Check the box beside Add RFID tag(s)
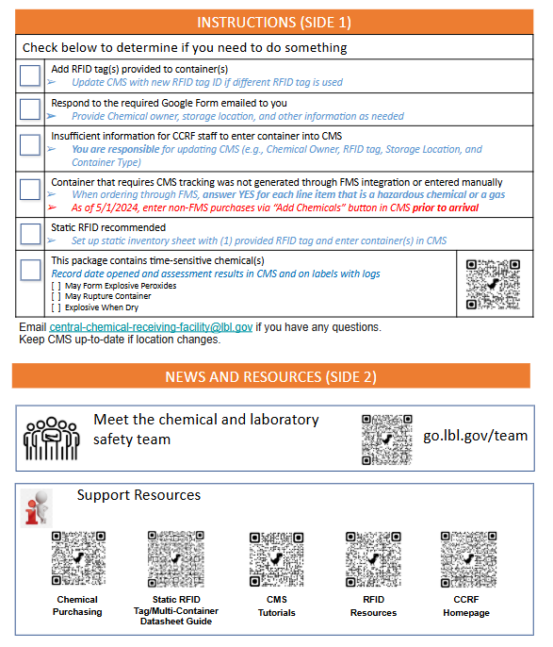click(x=30, y=75)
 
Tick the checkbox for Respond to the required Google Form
click(x=30, y=109)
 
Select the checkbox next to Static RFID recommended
click(x=30, y=234)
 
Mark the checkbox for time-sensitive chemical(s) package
click(x=30, y=270)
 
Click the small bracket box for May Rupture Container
click(x=56, y=296)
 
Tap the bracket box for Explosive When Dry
click(x=56, y=307)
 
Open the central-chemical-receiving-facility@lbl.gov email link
click(x=151, y=327)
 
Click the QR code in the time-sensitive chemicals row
click(x=493, y=284)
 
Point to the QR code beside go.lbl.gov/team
click(x=386, y=440)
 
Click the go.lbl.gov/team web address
click(x=475, y=436)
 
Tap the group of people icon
click(x=52, y=439)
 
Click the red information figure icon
click(x=37, y=508)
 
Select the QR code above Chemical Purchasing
click(x=78, y=558)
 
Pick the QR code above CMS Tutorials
click(x=277, y=559)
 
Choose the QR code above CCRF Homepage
click(x=468, y=559)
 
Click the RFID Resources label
click(x=373, y=606)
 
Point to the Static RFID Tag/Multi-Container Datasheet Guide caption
click(x=176, y=610)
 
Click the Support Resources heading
click(x=138, y=495)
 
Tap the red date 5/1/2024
click(x=117, y=207)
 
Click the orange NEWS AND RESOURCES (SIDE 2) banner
click(x=271, y=376)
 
